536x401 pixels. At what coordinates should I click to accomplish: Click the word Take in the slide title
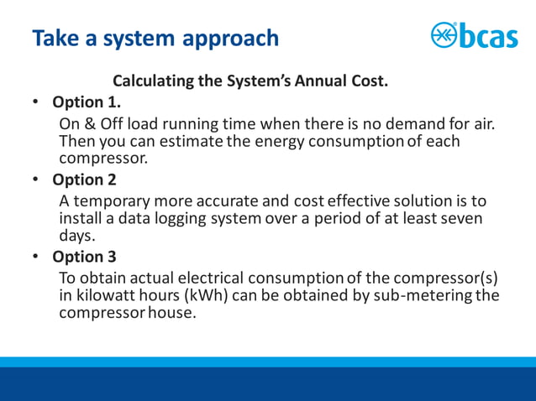(x=55, y=38)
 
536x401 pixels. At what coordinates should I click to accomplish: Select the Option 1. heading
(x=87, y=102)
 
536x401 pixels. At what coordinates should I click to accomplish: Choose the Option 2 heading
(x=84, y=180)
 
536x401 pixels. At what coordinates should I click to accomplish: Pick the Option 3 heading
(x=84, y=257)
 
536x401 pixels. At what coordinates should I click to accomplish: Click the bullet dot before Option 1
(x=36, y=102)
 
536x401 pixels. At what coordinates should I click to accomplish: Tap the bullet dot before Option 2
(x=36, y=180)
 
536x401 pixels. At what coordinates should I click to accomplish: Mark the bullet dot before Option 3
(x=36, y=257)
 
